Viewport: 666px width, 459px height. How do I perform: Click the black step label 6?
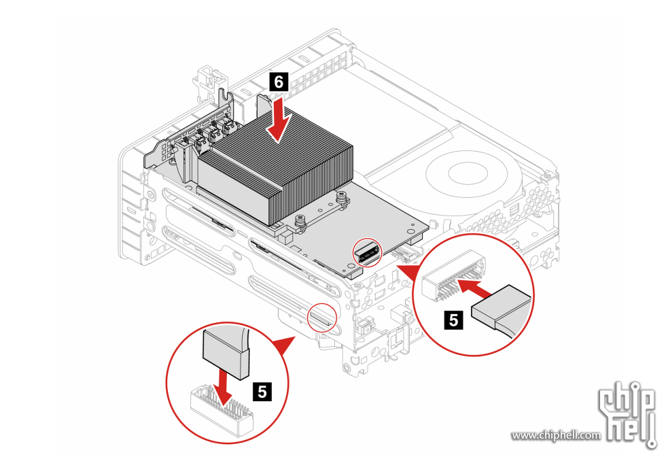click(x=279, y=81)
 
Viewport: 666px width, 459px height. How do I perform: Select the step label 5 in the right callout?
click(x=454, y=320)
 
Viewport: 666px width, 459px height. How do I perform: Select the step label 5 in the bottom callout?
click(x=262, y=391)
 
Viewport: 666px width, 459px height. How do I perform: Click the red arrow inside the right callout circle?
click(x=476, y=288)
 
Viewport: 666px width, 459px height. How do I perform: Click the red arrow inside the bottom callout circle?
click(x=222, y=386)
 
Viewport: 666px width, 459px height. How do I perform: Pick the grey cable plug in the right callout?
click(x=502, y=307)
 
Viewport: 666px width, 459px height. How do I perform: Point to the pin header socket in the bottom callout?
click(x=221, y=409)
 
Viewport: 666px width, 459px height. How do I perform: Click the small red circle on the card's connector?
click(x=368, y=252)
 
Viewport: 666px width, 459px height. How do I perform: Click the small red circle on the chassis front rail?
click(x=321, y=318)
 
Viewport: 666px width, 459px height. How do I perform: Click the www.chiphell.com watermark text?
click(x=557, y=435)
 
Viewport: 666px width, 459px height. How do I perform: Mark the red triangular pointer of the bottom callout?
click(x=283, y=344)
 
